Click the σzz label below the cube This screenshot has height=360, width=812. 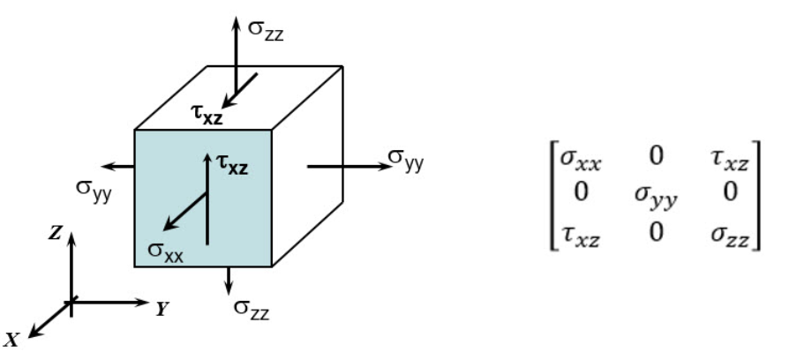tap(252, 308)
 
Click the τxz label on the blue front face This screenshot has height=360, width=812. tap(231, 164)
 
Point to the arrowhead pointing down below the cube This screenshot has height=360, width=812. tap(229, 290)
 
